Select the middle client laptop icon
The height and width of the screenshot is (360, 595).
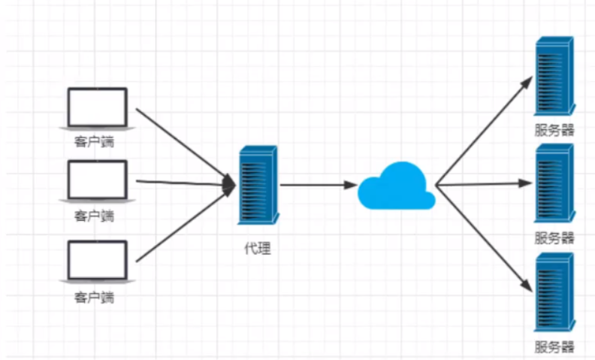[98, 182]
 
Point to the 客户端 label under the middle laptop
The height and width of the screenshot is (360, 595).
[95, 216]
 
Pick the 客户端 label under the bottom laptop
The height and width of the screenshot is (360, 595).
[95, 297]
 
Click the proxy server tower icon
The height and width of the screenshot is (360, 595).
[258, 185]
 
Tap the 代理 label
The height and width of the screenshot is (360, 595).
[258, 248]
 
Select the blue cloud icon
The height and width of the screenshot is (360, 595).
[396, 186]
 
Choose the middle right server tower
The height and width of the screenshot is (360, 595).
[554, 184]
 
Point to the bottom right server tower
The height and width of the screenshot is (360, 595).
[554, 293]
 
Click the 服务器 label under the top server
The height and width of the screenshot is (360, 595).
[554, 130]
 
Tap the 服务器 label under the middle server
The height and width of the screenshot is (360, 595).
[554, 238]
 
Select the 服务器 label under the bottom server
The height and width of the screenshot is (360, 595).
[554, 346]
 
